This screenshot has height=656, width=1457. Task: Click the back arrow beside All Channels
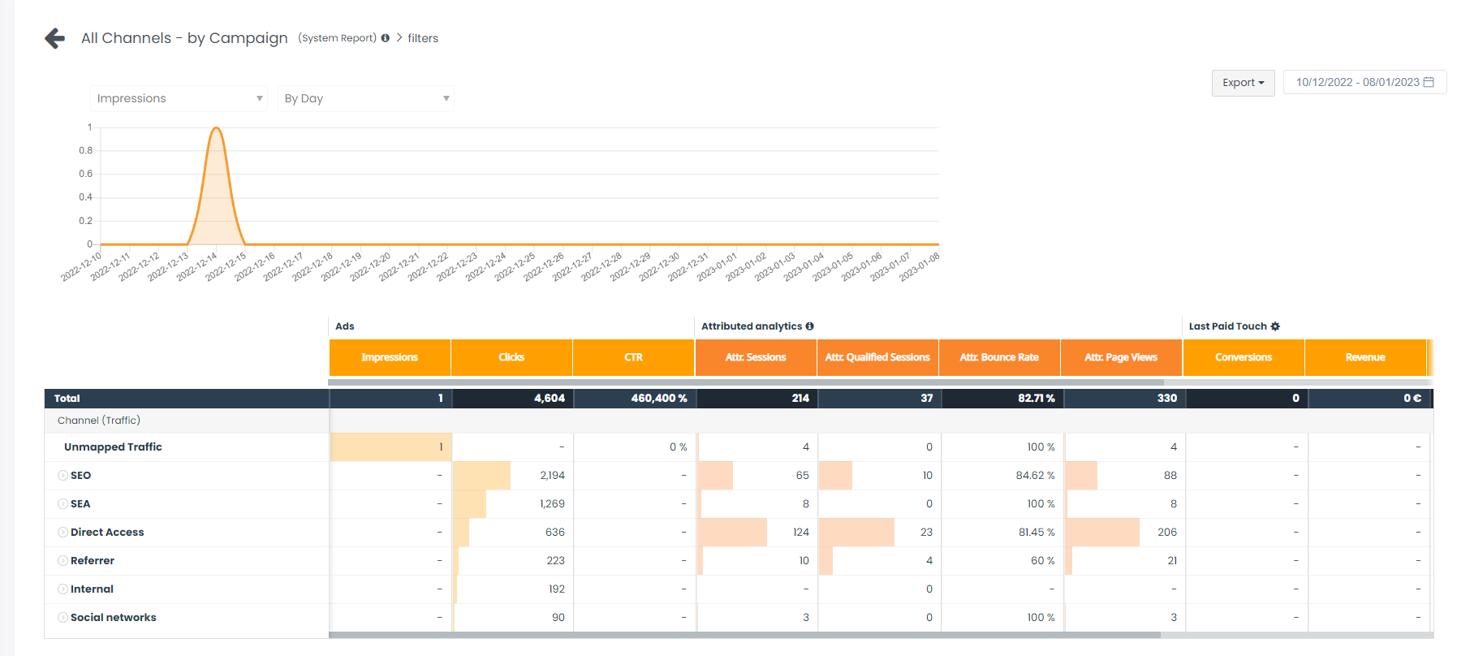pos(55,38)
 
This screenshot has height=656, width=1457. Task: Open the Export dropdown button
pos(1243,83)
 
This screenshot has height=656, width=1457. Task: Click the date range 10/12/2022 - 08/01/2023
pos(1364,83)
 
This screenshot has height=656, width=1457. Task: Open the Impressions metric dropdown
pos(179,98)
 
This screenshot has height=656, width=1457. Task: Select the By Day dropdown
pos(365,98)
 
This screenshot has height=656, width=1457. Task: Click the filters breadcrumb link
pos(423,38)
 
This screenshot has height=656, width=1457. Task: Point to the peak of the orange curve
pos(217,128)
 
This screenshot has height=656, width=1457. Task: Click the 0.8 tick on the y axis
pos(85,150)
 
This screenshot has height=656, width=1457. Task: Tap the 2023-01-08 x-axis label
pos(920,267)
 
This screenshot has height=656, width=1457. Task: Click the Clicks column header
pos(511,357)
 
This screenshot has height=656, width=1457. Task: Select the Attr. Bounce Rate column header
pos(999,357)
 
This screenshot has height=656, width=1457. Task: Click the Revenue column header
pos(1365,357)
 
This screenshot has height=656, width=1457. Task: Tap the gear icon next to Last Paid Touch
pos(1275,326)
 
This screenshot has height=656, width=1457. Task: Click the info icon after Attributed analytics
pos(809,326)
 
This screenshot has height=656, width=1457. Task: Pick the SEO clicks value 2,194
pos(552,476)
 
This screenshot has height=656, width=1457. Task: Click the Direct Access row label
pos(107,533)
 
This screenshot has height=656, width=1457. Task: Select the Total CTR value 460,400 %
pos(659,399)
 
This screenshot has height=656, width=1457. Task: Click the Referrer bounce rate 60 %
pos(1043,561)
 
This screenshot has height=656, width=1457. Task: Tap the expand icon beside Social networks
pos(63,618)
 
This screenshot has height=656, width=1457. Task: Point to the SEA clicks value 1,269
pos(552,504)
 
